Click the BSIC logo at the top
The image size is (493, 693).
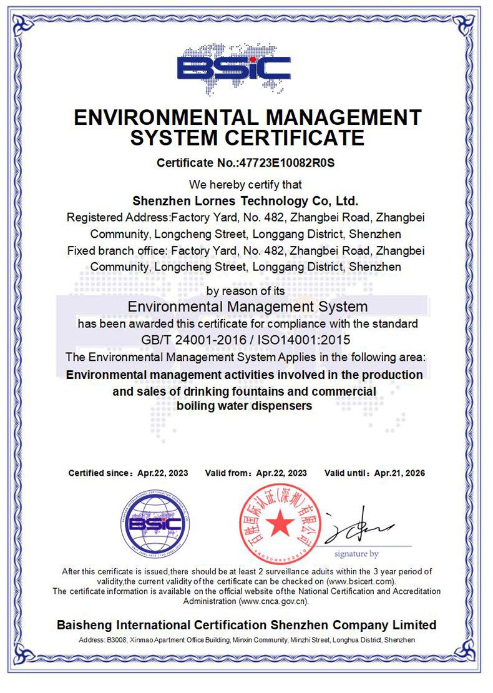(234, 67)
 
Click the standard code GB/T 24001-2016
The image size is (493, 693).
(195, 340)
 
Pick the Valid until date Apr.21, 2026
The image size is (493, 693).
(399, 473)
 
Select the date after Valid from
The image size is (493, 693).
(281, 473)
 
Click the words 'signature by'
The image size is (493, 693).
(356, 554)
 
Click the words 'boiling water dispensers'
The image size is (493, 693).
(244, 406)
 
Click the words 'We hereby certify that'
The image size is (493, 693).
(245, 184)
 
